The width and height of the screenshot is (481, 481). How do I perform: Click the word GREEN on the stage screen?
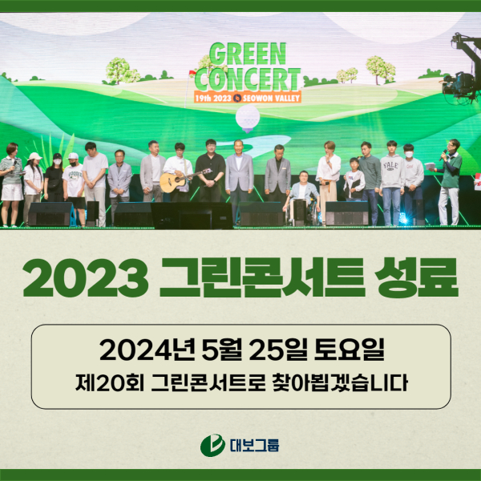pyautogui.click(x=248, y=54)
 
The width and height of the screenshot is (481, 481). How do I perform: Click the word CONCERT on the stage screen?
pyautogui.click(x=248, y=79)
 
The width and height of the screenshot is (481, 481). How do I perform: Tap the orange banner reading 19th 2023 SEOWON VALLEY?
pyautogui.click(x=248, y=98)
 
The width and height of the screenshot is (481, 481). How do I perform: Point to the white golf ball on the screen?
pyautogui.click(x=248, y=117)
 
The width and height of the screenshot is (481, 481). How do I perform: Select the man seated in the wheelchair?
pyautogui.click(x=302, y=196)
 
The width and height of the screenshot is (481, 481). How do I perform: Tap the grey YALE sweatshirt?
pyautogui.click(x=392, y=172)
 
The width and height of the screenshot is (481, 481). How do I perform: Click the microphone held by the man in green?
pyautogui.click(x=443, y=155)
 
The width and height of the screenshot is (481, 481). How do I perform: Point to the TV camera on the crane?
pyautogui.click(x=459, y=84)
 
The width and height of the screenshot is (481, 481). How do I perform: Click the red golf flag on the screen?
pyautogui.click(x=192, y=73)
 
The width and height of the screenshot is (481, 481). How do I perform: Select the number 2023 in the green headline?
pyautogui.click(x=86, y=278)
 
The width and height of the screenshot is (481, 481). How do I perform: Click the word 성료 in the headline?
pyautogui.click(x=417, y=277)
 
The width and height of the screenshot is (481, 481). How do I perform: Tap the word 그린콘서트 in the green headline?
pyautogui.click(x=262, y=277)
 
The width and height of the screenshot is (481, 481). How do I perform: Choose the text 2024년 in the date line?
pyautogui.click(x=147, y=350)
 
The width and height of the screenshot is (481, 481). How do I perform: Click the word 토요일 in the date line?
pyautogui.click(x=349, y=350)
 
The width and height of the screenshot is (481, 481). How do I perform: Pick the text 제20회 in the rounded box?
pyautogui.click(x=110, y=382)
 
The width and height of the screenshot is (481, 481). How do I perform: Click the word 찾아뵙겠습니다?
pyautogui.click(x=340, y=382)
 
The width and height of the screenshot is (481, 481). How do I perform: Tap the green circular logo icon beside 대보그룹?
pyautogui.click(x=212, y=445)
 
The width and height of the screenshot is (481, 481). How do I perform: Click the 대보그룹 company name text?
pyautogui.click(x=254, y=446)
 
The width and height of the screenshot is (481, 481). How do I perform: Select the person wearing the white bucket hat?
pyautogui.click(x=33, y=184)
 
